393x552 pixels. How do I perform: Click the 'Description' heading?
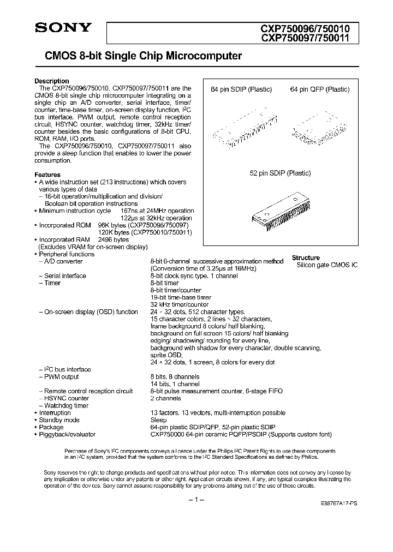click(x=52, y=81)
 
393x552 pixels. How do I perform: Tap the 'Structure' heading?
click(x=306, y=257)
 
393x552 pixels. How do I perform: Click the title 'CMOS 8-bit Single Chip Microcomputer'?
click(x=139, y=56)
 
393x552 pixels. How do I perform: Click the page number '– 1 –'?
click(x=196, y=500)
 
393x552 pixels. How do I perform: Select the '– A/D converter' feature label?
click(x=62, y=261)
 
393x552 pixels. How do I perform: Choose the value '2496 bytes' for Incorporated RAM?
click(x=114, y=239)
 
